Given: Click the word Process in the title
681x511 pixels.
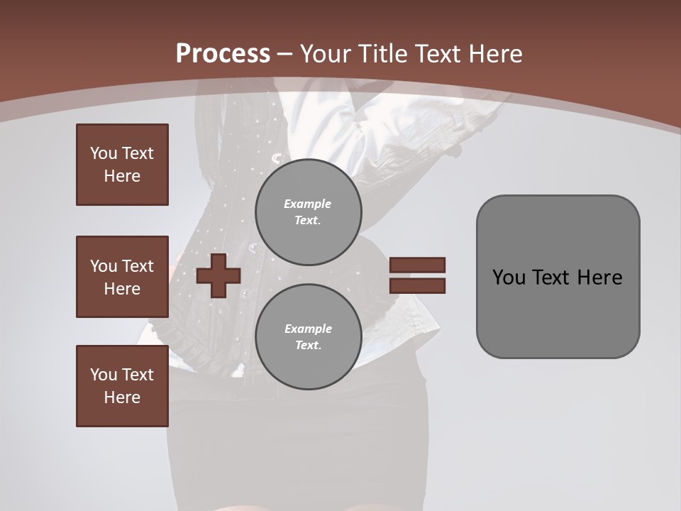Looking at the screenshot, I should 223,54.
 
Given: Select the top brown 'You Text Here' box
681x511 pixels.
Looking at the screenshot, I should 122,165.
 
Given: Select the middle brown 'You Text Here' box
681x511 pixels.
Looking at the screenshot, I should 122,277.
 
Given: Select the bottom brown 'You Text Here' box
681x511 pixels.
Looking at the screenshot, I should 122,385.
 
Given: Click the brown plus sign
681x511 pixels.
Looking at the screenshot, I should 218,275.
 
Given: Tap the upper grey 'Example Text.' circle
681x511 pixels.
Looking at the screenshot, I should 308,211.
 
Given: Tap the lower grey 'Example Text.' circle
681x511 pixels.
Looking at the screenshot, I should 308,336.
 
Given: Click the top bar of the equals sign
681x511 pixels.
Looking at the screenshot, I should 417,265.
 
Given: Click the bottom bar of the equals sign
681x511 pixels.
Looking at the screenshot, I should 417,285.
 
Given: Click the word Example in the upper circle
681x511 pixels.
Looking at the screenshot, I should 308,204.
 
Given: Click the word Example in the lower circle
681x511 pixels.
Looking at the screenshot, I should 308,329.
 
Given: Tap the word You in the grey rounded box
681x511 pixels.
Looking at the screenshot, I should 509,278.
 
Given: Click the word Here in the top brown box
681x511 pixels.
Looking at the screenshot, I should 122,176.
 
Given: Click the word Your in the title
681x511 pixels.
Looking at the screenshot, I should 322,54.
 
